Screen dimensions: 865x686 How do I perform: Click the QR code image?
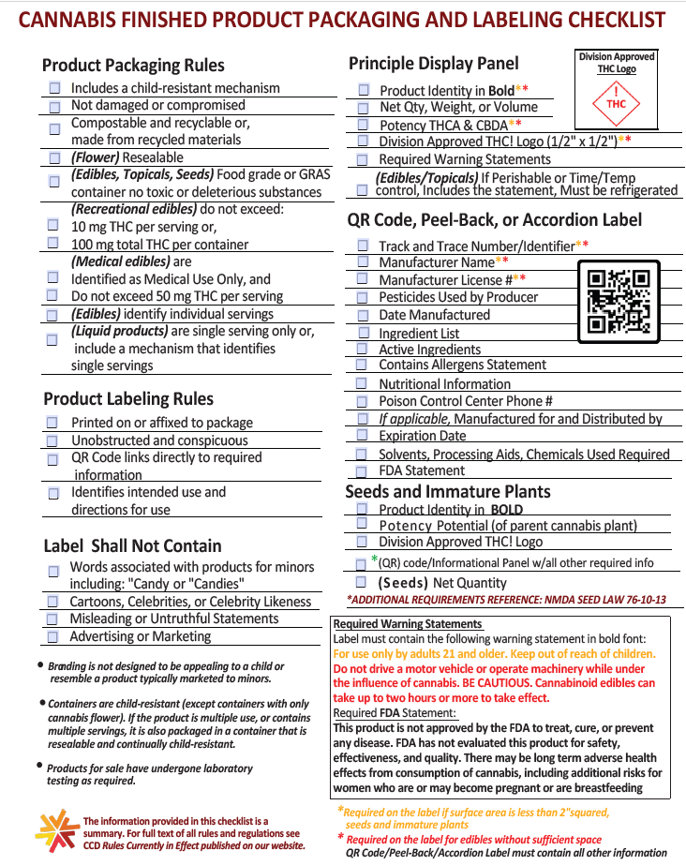pos(618,302)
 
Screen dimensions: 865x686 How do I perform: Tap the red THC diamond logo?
pos(616,103)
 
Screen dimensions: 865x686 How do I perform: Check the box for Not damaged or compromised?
pos(54,107)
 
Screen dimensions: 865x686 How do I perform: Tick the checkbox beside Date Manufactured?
pos(363,315)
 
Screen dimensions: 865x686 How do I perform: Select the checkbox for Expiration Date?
pos(362,436)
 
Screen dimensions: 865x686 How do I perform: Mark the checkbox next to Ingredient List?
pos(363,333)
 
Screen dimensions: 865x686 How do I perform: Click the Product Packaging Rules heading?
pos(133,66)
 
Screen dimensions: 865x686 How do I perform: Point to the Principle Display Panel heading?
pos(433,64)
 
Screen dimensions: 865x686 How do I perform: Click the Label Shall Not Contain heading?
pos(132,545)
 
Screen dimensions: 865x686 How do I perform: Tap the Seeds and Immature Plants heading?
pos(447,492)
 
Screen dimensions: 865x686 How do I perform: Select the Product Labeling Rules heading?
pos(128,398)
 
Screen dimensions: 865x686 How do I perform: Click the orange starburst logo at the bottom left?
pos(55,828)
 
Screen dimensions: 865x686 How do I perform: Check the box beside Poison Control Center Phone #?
pos(362,401)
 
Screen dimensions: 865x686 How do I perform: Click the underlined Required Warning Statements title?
pos(408,624)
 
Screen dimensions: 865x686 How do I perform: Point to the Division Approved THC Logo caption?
pos(616,63)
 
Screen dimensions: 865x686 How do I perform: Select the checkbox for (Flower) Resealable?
pos(54,157)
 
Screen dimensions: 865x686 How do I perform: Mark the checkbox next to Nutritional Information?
pos(362,383)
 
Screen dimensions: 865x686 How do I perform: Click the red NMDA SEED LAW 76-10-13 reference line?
pos(506,600)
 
